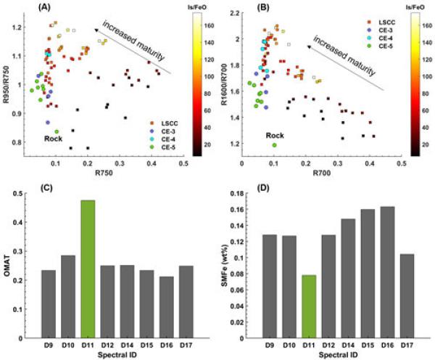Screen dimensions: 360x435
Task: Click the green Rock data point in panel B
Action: point(275,144)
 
